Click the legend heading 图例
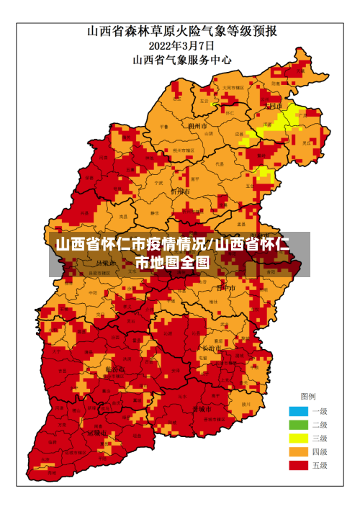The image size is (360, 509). [307, 397]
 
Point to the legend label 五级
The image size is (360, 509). [320, 466]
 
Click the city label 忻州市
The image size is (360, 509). [179, 192]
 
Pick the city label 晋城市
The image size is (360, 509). [202, 408]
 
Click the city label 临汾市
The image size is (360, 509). [114, 369]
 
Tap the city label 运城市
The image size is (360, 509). [96, 433]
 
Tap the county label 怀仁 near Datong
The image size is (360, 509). [230, 113]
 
